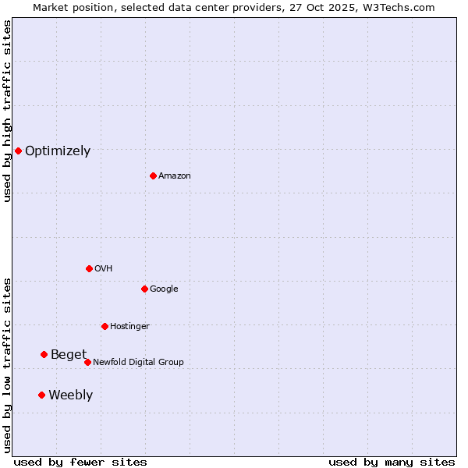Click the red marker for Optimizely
pos(18,151)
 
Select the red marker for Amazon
pos(153,175)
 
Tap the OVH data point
pos(89,268)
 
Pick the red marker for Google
pos(144,289)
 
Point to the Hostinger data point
pos(105,326)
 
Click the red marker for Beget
pos(44,354)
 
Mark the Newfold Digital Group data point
pos(87,362)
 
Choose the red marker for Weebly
pos(41,395)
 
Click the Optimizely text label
pos(58,151)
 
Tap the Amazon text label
pos(175,176)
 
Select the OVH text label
pos(104,269)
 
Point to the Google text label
pos(164,289)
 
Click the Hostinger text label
pos(129,327)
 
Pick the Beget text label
pos(69,355)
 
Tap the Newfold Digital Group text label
pos(138,363)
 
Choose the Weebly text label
pos(70,395)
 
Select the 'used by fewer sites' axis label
pos(80,462)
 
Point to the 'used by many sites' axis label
pos(392,462)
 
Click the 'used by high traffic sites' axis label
pos(7,111)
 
